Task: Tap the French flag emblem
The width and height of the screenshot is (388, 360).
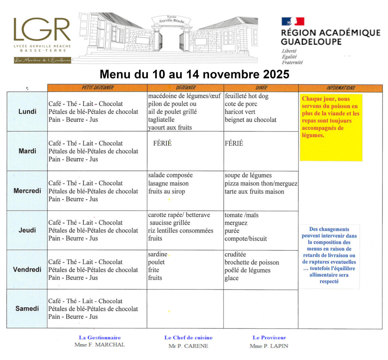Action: point(293,22)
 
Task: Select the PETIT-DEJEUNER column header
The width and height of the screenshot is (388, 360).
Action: point(97,88)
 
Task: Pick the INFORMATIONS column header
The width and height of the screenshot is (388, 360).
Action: point(340,88)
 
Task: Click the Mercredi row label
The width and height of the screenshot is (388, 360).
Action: point(27,191)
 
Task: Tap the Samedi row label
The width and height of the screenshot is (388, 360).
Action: point(27,309)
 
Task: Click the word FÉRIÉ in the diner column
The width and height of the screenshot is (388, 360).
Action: point(234,143)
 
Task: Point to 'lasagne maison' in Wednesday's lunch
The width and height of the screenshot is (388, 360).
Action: point(168,183)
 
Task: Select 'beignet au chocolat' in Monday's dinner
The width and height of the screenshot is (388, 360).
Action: point(250,120)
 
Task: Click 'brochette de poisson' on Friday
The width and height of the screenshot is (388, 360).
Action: point(252,262)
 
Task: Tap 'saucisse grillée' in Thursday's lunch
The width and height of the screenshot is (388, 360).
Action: point(170,223)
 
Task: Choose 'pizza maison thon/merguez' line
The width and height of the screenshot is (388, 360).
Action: point(261,183)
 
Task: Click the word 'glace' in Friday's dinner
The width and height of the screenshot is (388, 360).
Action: point(231,278)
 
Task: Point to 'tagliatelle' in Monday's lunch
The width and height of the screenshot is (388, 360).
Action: point(161,120)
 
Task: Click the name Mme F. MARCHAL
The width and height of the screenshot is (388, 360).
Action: point(100,345)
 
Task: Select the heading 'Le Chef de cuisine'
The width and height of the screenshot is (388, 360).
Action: point(188,337)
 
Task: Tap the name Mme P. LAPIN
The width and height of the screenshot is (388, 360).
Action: point(269,346)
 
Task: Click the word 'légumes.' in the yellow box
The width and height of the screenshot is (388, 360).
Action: point(313,135)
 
